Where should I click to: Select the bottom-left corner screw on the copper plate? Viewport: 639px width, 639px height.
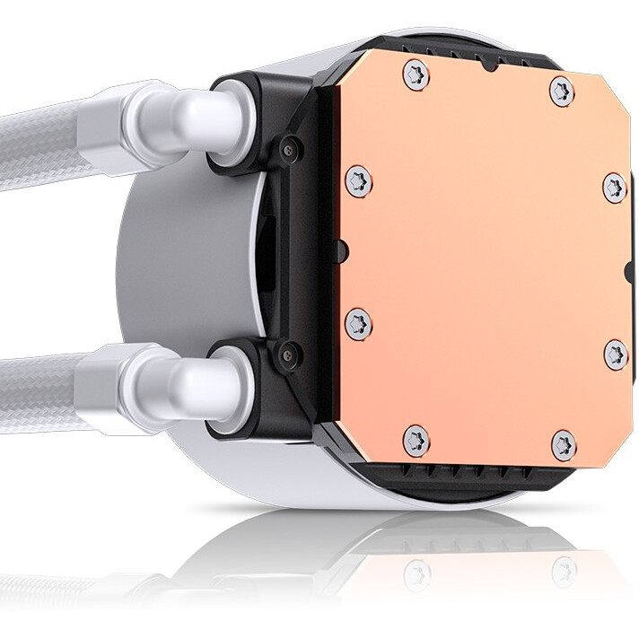(416, 439)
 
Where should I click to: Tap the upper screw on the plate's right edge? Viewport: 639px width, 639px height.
(613, 187)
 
